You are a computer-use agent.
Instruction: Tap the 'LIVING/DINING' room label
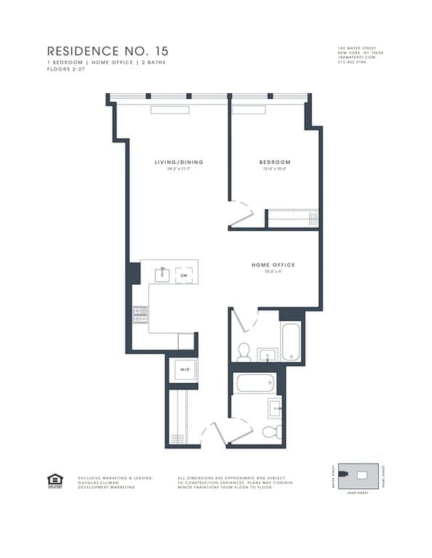point(178,162)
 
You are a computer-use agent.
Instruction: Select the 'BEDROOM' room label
point(275,162)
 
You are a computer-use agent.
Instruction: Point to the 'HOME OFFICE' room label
point(273,265)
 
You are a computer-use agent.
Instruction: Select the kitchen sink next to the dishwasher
point(164,274)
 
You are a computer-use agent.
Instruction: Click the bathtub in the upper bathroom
point(289,341)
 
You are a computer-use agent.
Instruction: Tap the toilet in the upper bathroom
point(244,352)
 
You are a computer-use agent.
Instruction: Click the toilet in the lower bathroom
point(270,433)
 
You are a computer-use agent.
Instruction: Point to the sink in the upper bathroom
point(267,355)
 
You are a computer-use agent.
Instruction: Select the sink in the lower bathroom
point(275,408)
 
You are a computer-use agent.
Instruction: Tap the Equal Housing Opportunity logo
point(55,480)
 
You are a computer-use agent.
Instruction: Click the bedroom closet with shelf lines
point(293,219)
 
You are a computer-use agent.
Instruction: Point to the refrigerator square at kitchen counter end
point(186,341)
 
